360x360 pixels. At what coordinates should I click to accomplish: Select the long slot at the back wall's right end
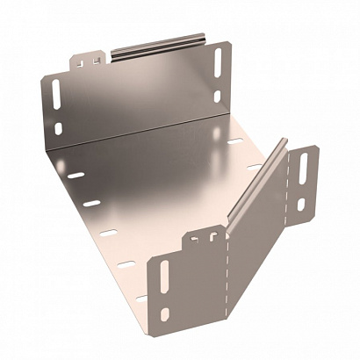pos(219,67)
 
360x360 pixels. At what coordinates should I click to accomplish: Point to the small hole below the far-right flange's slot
pos(299,205)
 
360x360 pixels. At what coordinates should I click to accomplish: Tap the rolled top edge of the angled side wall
pos(258,176)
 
